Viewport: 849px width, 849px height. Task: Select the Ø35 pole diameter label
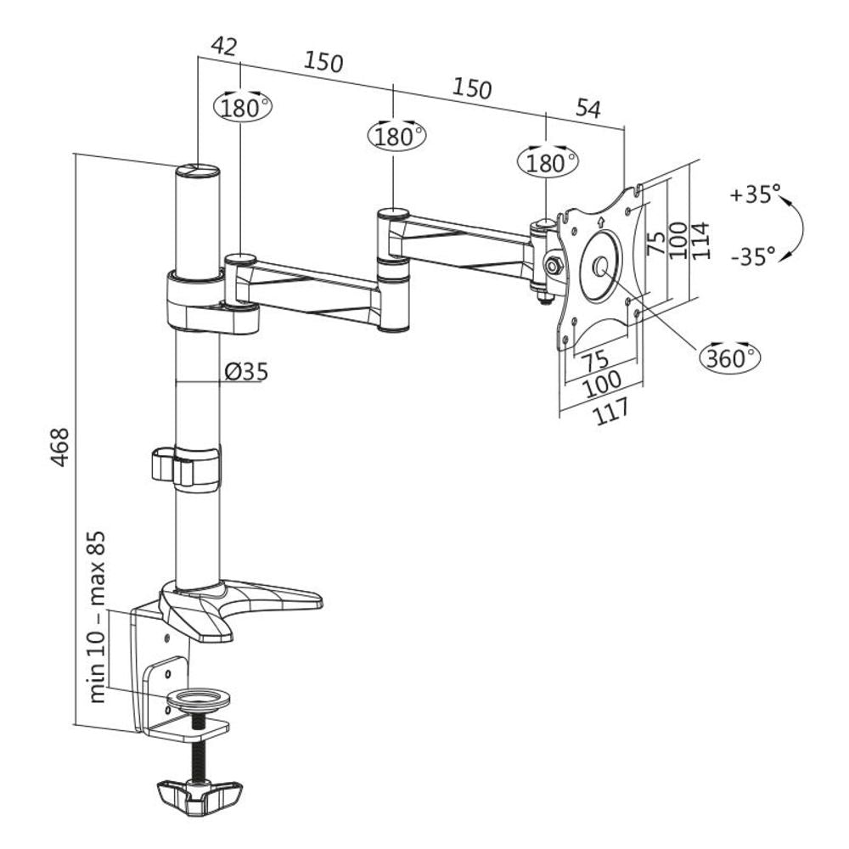click(x=246, y=371)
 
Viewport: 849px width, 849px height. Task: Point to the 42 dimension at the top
click(x=223, y=48)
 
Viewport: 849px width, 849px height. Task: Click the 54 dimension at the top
click(x=588, y=108)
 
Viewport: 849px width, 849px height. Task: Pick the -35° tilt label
click(x=752, y=255)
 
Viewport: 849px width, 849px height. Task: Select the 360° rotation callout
click(x=729, y=357)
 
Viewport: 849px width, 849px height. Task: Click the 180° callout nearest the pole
click(x=243, y=107)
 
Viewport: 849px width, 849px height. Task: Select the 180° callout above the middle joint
click(x=396, y=136)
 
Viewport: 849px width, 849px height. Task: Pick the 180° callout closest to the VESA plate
click(x=548, y=161)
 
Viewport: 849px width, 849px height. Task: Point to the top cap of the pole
click(x=198, y=171)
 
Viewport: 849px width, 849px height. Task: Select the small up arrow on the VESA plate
click(x=602, y=223)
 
